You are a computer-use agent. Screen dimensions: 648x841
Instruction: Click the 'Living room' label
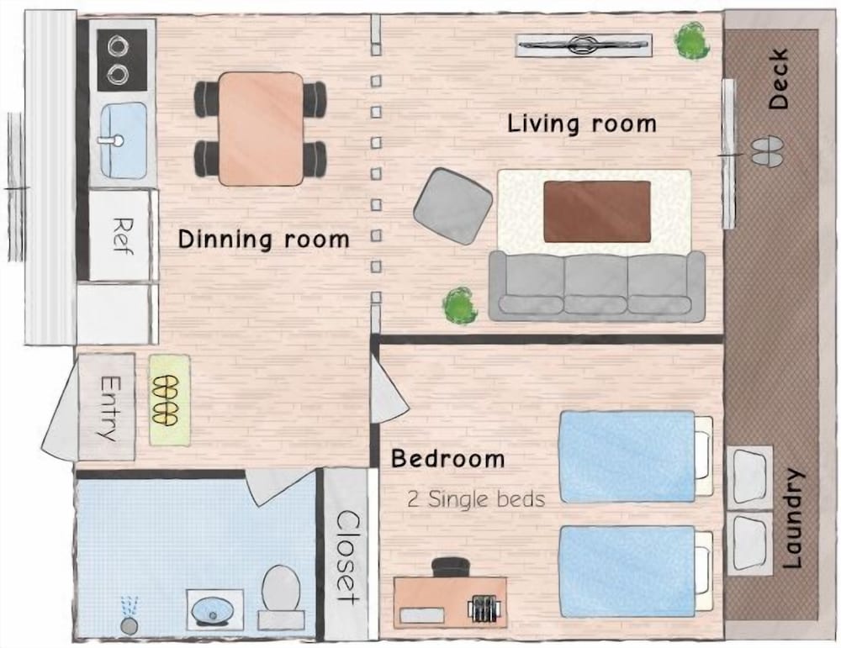pyautogui.click(x=581, y=124)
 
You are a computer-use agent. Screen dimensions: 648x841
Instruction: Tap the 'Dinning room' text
pyautogui.click(x=263, y=239)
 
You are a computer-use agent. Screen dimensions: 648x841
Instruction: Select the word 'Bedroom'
pyautogui.click(x=447, y=459)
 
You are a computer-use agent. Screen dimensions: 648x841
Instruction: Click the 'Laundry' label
pyautogui.click(x=793, y=519)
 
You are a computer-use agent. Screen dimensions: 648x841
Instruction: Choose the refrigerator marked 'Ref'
pyautogui.click(x=123, y=237)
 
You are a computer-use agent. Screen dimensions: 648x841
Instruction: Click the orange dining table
pyautogui.click(x=260, y=129)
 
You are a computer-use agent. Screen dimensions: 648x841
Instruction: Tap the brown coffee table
pyautogui.click(x=597, y=211)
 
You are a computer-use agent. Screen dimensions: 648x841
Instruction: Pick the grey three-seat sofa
pyautogui.click(x=597, y=286)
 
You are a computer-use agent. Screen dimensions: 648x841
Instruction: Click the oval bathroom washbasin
pyautogui.click(x=214, y=608)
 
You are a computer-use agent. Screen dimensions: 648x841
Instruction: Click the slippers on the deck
pyautogui.click(x=766, y=151)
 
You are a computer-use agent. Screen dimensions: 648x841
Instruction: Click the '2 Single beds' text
pyautogui.click(x=476, y=499)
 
